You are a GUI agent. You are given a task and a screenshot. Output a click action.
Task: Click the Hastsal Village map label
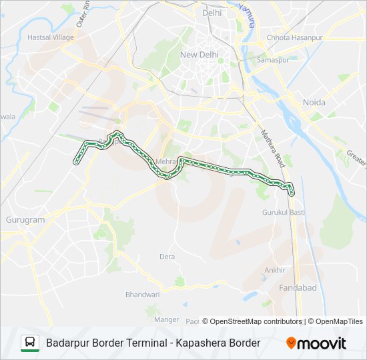pos(51,37)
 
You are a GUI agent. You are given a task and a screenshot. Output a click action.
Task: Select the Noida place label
pos(314,102)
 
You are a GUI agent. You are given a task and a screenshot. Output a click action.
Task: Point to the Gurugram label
pos(25,219)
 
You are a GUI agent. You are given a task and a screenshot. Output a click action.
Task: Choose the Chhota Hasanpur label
pos(294,38)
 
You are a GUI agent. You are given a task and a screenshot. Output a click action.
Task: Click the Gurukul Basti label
pos(284,211)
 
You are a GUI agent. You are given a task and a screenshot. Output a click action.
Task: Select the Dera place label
pos(167,257)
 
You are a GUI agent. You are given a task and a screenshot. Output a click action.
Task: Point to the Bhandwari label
pos(143,294)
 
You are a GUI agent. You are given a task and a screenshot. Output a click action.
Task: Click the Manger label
pos(167,319)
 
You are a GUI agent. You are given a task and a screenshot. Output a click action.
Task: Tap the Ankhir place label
pos(275,270)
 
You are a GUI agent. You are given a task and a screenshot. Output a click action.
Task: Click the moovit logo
pos(316,343)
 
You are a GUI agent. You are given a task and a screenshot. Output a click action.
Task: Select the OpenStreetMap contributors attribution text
pos(252,321)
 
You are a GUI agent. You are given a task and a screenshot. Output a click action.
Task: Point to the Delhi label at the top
pos(212,13)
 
